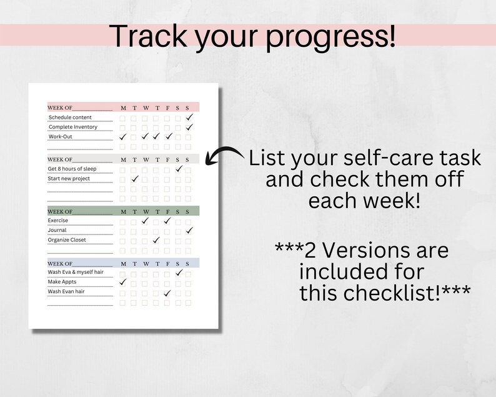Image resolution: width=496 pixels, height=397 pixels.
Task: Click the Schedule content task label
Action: click(x=70, y=118)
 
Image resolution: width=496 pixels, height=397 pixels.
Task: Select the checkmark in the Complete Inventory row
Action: click(x=189, y=127)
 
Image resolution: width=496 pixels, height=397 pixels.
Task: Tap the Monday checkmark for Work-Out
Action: click(x=123, y=136)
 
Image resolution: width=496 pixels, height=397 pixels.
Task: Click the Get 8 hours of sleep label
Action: click(x=72, y=169)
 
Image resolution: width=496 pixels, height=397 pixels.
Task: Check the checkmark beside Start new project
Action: click(x=134, y=179)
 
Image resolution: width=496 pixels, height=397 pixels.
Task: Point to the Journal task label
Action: click(x=57, y=230)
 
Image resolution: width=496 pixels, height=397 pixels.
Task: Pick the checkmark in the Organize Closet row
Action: click(x=156, y=240)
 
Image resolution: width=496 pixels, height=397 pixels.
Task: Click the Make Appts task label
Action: click(x=62, y=282)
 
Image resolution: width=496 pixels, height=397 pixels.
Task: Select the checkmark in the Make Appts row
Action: click(x=123, y=282)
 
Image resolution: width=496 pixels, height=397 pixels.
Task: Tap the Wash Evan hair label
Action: click(x=67, y=292)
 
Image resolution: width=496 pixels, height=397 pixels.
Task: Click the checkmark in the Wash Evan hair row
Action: click(x=167, y=293)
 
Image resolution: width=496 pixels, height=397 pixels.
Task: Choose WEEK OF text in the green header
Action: click(x=60, y=211)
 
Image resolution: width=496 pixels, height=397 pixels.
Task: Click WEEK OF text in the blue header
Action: click(x=60, y=263)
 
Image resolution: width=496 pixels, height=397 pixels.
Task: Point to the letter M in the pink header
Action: click(x=123, y=107)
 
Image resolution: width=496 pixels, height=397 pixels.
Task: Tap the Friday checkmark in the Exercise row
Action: click(x=167, y=220)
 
